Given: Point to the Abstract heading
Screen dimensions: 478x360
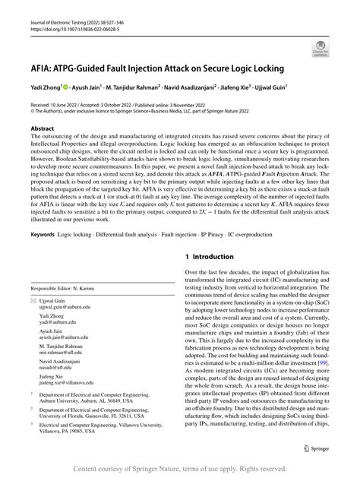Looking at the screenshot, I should click(x=42, y=129).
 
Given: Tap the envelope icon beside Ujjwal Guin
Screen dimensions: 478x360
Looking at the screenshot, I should click(x=33, y=301).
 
